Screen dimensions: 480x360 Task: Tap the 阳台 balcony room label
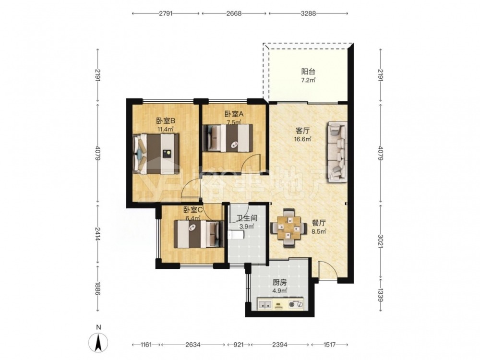(x=308, y=72)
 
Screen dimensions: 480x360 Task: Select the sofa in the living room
(x=337, y=152)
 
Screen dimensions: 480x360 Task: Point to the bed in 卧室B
(x=156, y=154)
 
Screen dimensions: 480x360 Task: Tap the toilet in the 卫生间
(x=236, y=235)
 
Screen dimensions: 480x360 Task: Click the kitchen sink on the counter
(x=265, y=304)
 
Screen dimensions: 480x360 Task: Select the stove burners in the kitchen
(x=296, y=304)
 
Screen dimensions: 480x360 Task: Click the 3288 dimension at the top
(x=308, y=13)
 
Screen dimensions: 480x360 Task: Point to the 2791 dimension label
(x=166, y=13)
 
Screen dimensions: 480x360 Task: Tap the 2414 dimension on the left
(x=97, y=234)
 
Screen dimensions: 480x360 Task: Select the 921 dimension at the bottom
(x=238, y=345)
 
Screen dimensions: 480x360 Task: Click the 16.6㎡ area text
(x=302, y=139)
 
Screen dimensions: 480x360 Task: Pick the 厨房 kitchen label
(x=280, y=283)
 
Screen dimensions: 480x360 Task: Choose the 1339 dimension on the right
(x=380, y=295)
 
